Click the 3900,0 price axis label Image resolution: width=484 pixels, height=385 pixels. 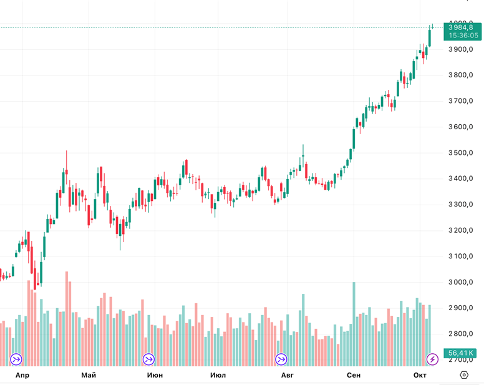click(x=462, y=49)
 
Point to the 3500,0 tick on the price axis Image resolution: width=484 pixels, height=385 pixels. click(x=462, y=153)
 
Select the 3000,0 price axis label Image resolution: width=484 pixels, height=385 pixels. click(x=462, y=282)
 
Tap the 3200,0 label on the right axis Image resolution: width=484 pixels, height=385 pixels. click(x=462, y=230)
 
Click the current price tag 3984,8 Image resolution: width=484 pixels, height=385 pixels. click(x=462, y=27)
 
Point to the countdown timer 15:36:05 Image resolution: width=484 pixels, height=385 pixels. click(x=462, y=36)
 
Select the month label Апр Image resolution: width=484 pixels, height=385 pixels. click(x=22, y=375)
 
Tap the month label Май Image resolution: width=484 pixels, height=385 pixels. click(x=89, y=375)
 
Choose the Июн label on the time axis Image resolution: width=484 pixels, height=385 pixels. click(x=155, y=375)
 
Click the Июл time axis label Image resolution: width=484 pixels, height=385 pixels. click(x=218, y=375)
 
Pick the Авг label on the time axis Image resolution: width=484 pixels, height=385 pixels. click(x=287, y=375)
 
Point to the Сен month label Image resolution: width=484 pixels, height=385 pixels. click(x=354, y=375)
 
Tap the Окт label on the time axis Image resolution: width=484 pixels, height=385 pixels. click(x=420, y=375)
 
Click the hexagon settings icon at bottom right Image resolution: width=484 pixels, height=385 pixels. click(x=464, y=375)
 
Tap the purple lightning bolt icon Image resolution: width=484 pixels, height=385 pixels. click(x=432, y=359)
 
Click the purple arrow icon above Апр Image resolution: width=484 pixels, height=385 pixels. click(x=16, y=359)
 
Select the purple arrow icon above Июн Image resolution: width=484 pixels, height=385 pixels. click(x=148, y=359)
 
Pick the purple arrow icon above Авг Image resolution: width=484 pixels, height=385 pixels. click(x=281, y=359)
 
